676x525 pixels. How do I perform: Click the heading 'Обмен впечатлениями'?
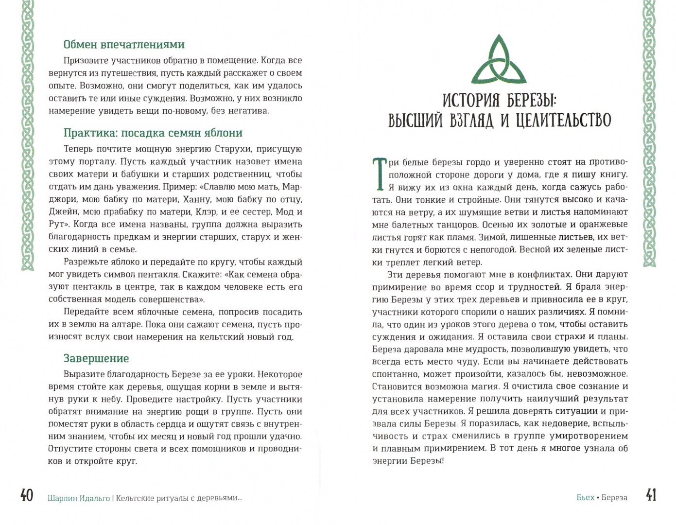click(x=124, y=45)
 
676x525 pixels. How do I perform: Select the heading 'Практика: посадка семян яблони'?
click(x=153, y=133)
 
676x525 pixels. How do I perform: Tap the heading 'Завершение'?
click(x=96, y=359)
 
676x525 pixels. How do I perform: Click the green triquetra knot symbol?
click(x=499, y=60)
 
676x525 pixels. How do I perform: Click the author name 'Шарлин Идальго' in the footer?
click(x=79, y=498)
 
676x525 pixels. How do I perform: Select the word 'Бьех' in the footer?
click(x=585, y=497)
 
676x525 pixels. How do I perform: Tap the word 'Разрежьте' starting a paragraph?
click(x=84, y=262)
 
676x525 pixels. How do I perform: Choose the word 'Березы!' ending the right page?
click(x=427, y=461)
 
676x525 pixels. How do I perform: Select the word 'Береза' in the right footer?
click(x=614, y=497)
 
